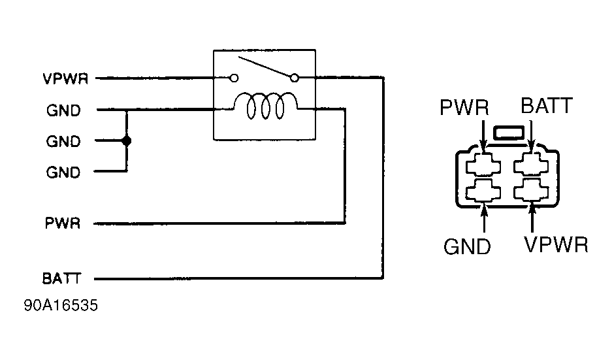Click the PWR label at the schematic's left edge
62,223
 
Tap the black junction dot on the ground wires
127,140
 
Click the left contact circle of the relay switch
234,78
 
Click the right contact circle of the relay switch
294,78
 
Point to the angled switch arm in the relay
265,68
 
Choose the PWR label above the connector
464,106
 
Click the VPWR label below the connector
556,245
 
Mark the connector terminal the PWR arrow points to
483,165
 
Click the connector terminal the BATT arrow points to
533,165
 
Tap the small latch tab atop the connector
508,135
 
